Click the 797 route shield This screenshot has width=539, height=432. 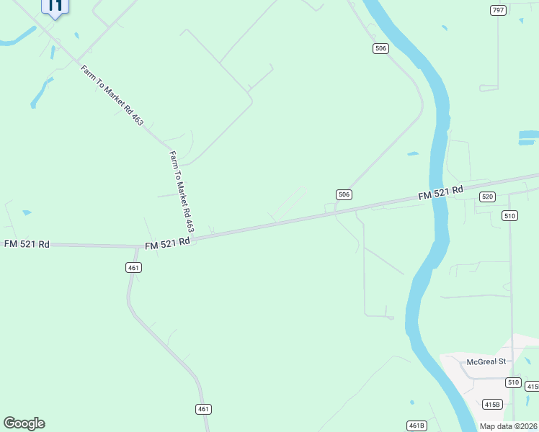tap(498, 10)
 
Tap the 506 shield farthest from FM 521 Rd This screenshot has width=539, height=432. tap(381, 48)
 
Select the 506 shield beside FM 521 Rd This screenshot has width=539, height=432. tap(344, 194)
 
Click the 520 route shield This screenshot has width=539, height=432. tap(488, 197)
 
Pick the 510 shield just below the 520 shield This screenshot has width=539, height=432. tap(510, 215)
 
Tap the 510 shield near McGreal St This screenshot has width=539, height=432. tap(512, 382)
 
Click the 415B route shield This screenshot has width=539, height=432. tap(492, 404)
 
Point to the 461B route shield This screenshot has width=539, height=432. tap(416, 426)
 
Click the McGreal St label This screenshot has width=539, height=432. tap(487, 361)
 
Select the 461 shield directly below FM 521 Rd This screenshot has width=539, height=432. tap(133, 267)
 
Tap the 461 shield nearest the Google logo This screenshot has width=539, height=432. tap(203, 409)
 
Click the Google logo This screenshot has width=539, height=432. tap(24, 423)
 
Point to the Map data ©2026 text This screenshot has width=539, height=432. tap(508, 426)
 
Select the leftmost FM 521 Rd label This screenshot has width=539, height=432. tap(27, 244)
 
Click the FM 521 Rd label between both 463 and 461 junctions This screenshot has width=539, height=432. tap(167, 243)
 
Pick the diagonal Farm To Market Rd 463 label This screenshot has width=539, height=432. tap(112, 96)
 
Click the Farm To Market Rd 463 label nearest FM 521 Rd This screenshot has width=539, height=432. tap(182, 191)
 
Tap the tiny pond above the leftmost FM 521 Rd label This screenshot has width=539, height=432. tap(27, 212)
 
